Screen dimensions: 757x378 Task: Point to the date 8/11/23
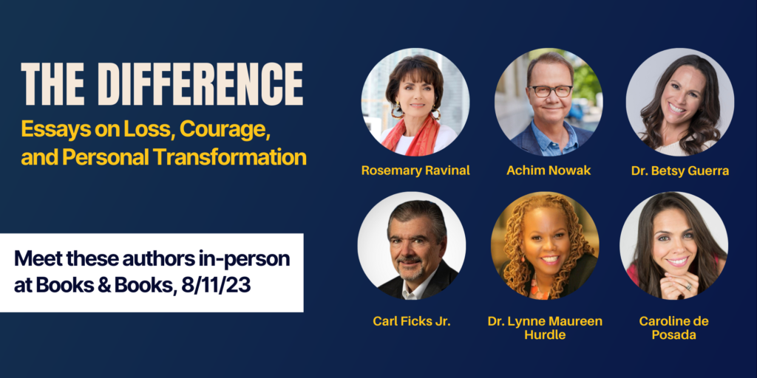click(x=216, y=286)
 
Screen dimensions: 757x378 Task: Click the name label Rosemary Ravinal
click(x=415, y=171)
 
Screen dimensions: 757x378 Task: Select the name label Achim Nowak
click(x=549, y=171)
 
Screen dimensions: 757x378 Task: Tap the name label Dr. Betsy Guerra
click(x=680, y=171)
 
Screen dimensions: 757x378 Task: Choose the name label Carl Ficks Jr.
click(x=412, y=322)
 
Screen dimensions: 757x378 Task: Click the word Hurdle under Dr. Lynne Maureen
click(x=545, y=334)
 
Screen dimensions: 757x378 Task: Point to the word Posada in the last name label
click(x=674, y=334)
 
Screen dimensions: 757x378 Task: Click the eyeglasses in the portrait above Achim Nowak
click(x=550, y=91)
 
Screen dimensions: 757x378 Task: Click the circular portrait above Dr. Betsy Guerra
click(x=680, y=102)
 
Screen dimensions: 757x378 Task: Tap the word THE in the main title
click(x=50, y=84)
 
